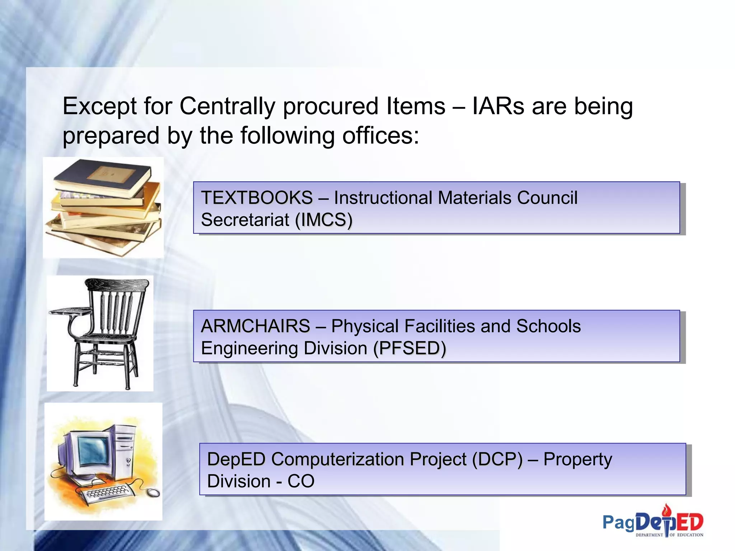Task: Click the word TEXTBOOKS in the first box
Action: pyautogui.click(x=257, y=198)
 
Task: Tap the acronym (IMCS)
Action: pyautogui.click(x=323, y=220)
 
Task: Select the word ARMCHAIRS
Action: pyautogui.click(x=255, y=326)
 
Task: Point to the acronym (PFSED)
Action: pyautogui.click(x=409, y=348)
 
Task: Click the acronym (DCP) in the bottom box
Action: pyautogui.click(x=497, y=460)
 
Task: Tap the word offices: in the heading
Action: pyautogui.click(x=380, y=136)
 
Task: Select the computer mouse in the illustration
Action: pyautogui.click(x=153, y=493)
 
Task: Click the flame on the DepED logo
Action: pyautogui.click(x=666, y=509)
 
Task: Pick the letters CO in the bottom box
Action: pyautogui.click(x=301, y=481)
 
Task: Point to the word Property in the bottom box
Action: pyautogui.click(x=577, y=460)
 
